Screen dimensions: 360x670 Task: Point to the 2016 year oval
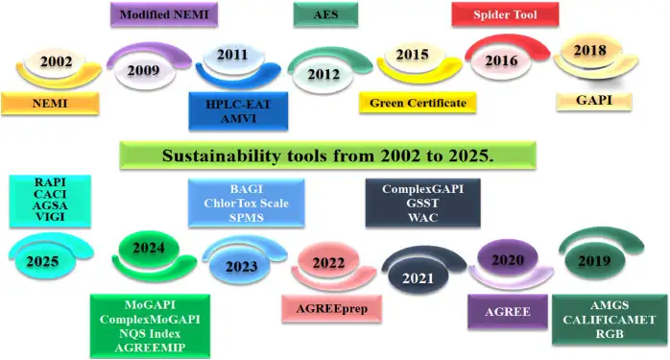(x=501, y=60)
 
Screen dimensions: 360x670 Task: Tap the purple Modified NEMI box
(x=164, y=14)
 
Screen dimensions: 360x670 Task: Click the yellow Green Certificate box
(x=418, y=103)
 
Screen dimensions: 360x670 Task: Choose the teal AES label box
(x=325, y=14)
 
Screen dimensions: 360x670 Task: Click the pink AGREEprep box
(x=329, y=309)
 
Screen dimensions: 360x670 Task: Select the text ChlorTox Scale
(x=246, y=203)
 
